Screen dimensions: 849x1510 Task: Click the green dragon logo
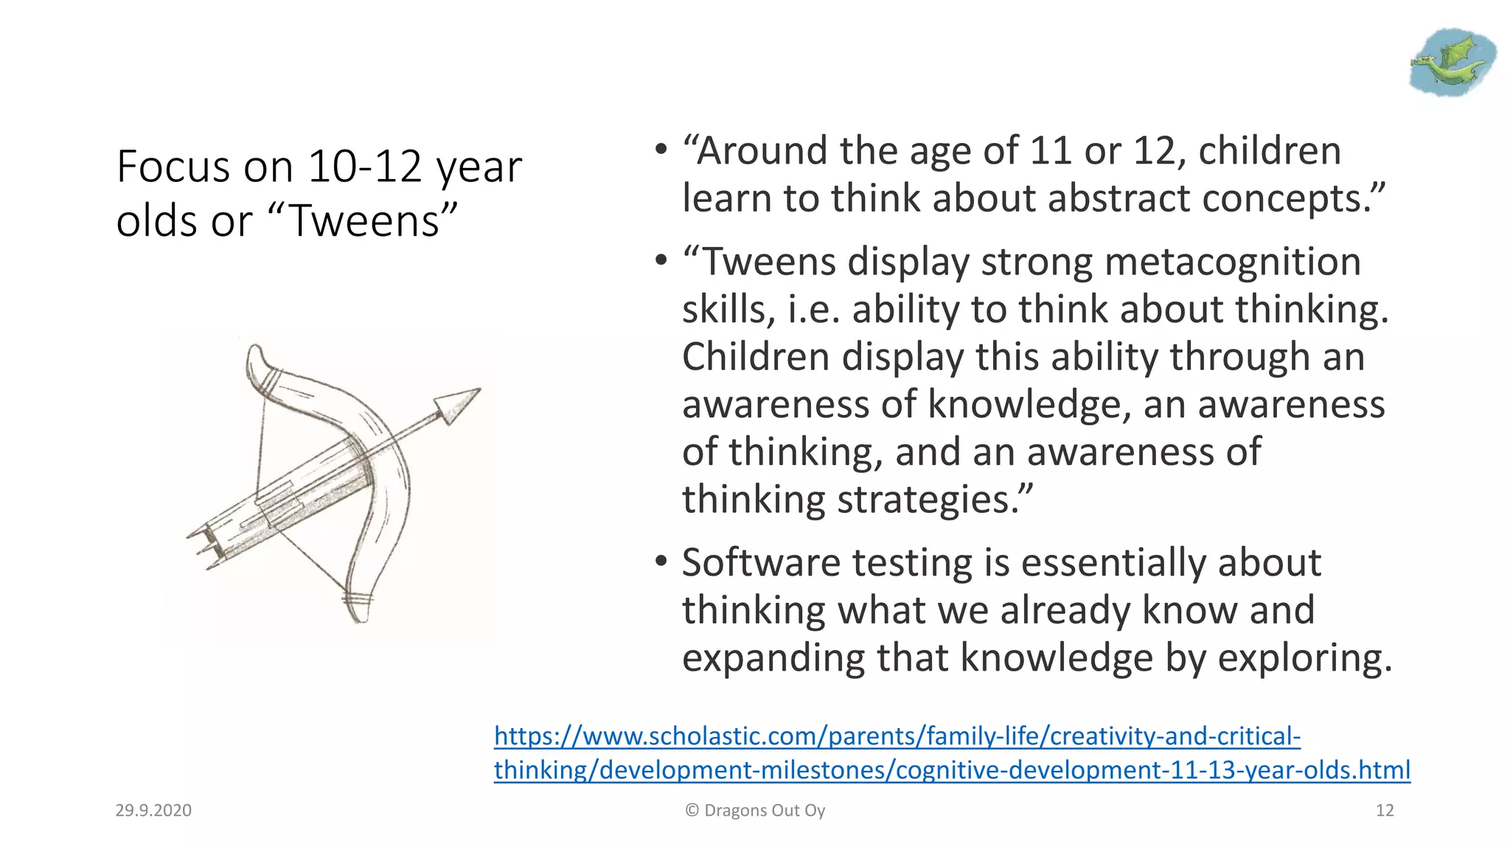coord(1451,62)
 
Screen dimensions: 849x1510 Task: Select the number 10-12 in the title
coord(364,167)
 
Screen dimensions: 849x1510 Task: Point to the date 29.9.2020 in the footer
coord(153,811)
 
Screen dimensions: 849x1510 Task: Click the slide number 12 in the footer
coord(1385,811)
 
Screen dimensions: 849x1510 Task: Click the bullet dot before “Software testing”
coord(661,562)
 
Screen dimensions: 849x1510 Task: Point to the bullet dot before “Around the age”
coord(661,150)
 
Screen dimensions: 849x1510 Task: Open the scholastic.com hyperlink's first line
coord(897,736)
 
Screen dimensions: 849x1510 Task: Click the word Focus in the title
coord(173,167)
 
